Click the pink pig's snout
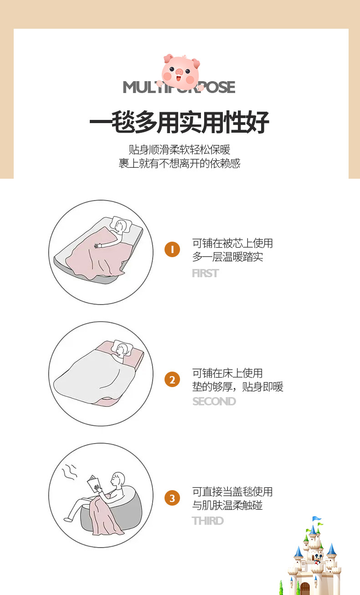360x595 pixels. click(x=179, y=72)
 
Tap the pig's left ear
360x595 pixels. click(x=168, y=58)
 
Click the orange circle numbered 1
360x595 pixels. click(x=172, y=249)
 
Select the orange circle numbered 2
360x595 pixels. click(x=172, y=379)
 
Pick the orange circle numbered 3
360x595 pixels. click(x=172, y=498)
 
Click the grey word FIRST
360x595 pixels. click(x=206, y=273)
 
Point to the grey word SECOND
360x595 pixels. click(x=214, y=401)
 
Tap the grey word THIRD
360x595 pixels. click(x=208, y=521)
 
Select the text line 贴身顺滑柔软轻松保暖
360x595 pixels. click(x=180, y=150)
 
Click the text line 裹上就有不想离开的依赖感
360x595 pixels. click(x=180, y=163)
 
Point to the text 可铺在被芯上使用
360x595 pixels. click(x=232, y=243)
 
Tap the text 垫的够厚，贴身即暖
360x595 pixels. click(x=238, y=387)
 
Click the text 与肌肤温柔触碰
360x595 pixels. click(x=227, y=505)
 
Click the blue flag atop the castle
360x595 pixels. click(x=316, y=518)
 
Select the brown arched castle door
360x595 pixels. click(x=305, y=588)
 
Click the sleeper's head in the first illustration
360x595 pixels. click(x=120, y=226)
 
